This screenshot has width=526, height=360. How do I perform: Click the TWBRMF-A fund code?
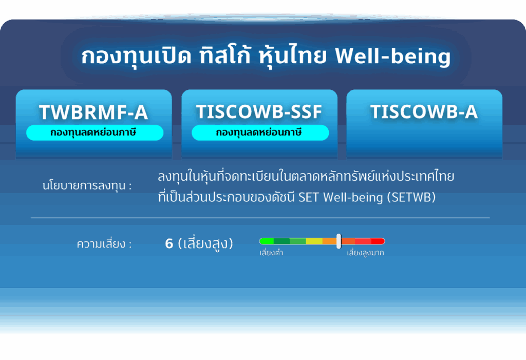tap(93, 112)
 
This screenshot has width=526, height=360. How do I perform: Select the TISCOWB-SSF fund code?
tap(259, 112)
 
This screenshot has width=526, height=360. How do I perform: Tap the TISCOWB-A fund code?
tap(424, 112)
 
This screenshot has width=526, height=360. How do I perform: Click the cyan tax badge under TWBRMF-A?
tap(95, 132)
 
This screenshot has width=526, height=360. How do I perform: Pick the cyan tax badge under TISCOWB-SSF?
tap(260, 132)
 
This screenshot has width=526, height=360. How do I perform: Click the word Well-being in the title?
tap(392, 56)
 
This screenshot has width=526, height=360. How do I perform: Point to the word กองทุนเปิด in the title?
tap(136, 56)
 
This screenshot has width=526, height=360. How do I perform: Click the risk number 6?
tap(169, 243)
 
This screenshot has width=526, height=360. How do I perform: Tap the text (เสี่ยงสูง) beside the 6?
tap(205, 243)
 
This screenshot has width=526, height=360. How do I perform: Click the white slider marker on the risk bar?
tap(339, 241)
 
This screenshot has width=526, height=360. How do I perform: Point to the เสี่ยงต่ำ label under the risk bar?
tap(271, 253)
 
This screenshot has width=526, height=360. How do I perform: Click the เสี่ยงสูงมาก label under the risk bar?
tap(365, 253)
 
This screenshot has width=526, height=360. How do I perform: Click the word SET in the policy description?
tap(308, 197)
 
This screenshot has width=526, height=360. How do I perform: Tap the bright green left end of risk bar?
tap(267, 241)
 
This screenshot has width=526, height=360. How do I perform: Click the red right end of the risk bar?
tap(378, 241)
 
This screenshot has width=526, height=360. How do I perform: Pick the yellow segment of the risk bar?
tap(314, 241)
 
